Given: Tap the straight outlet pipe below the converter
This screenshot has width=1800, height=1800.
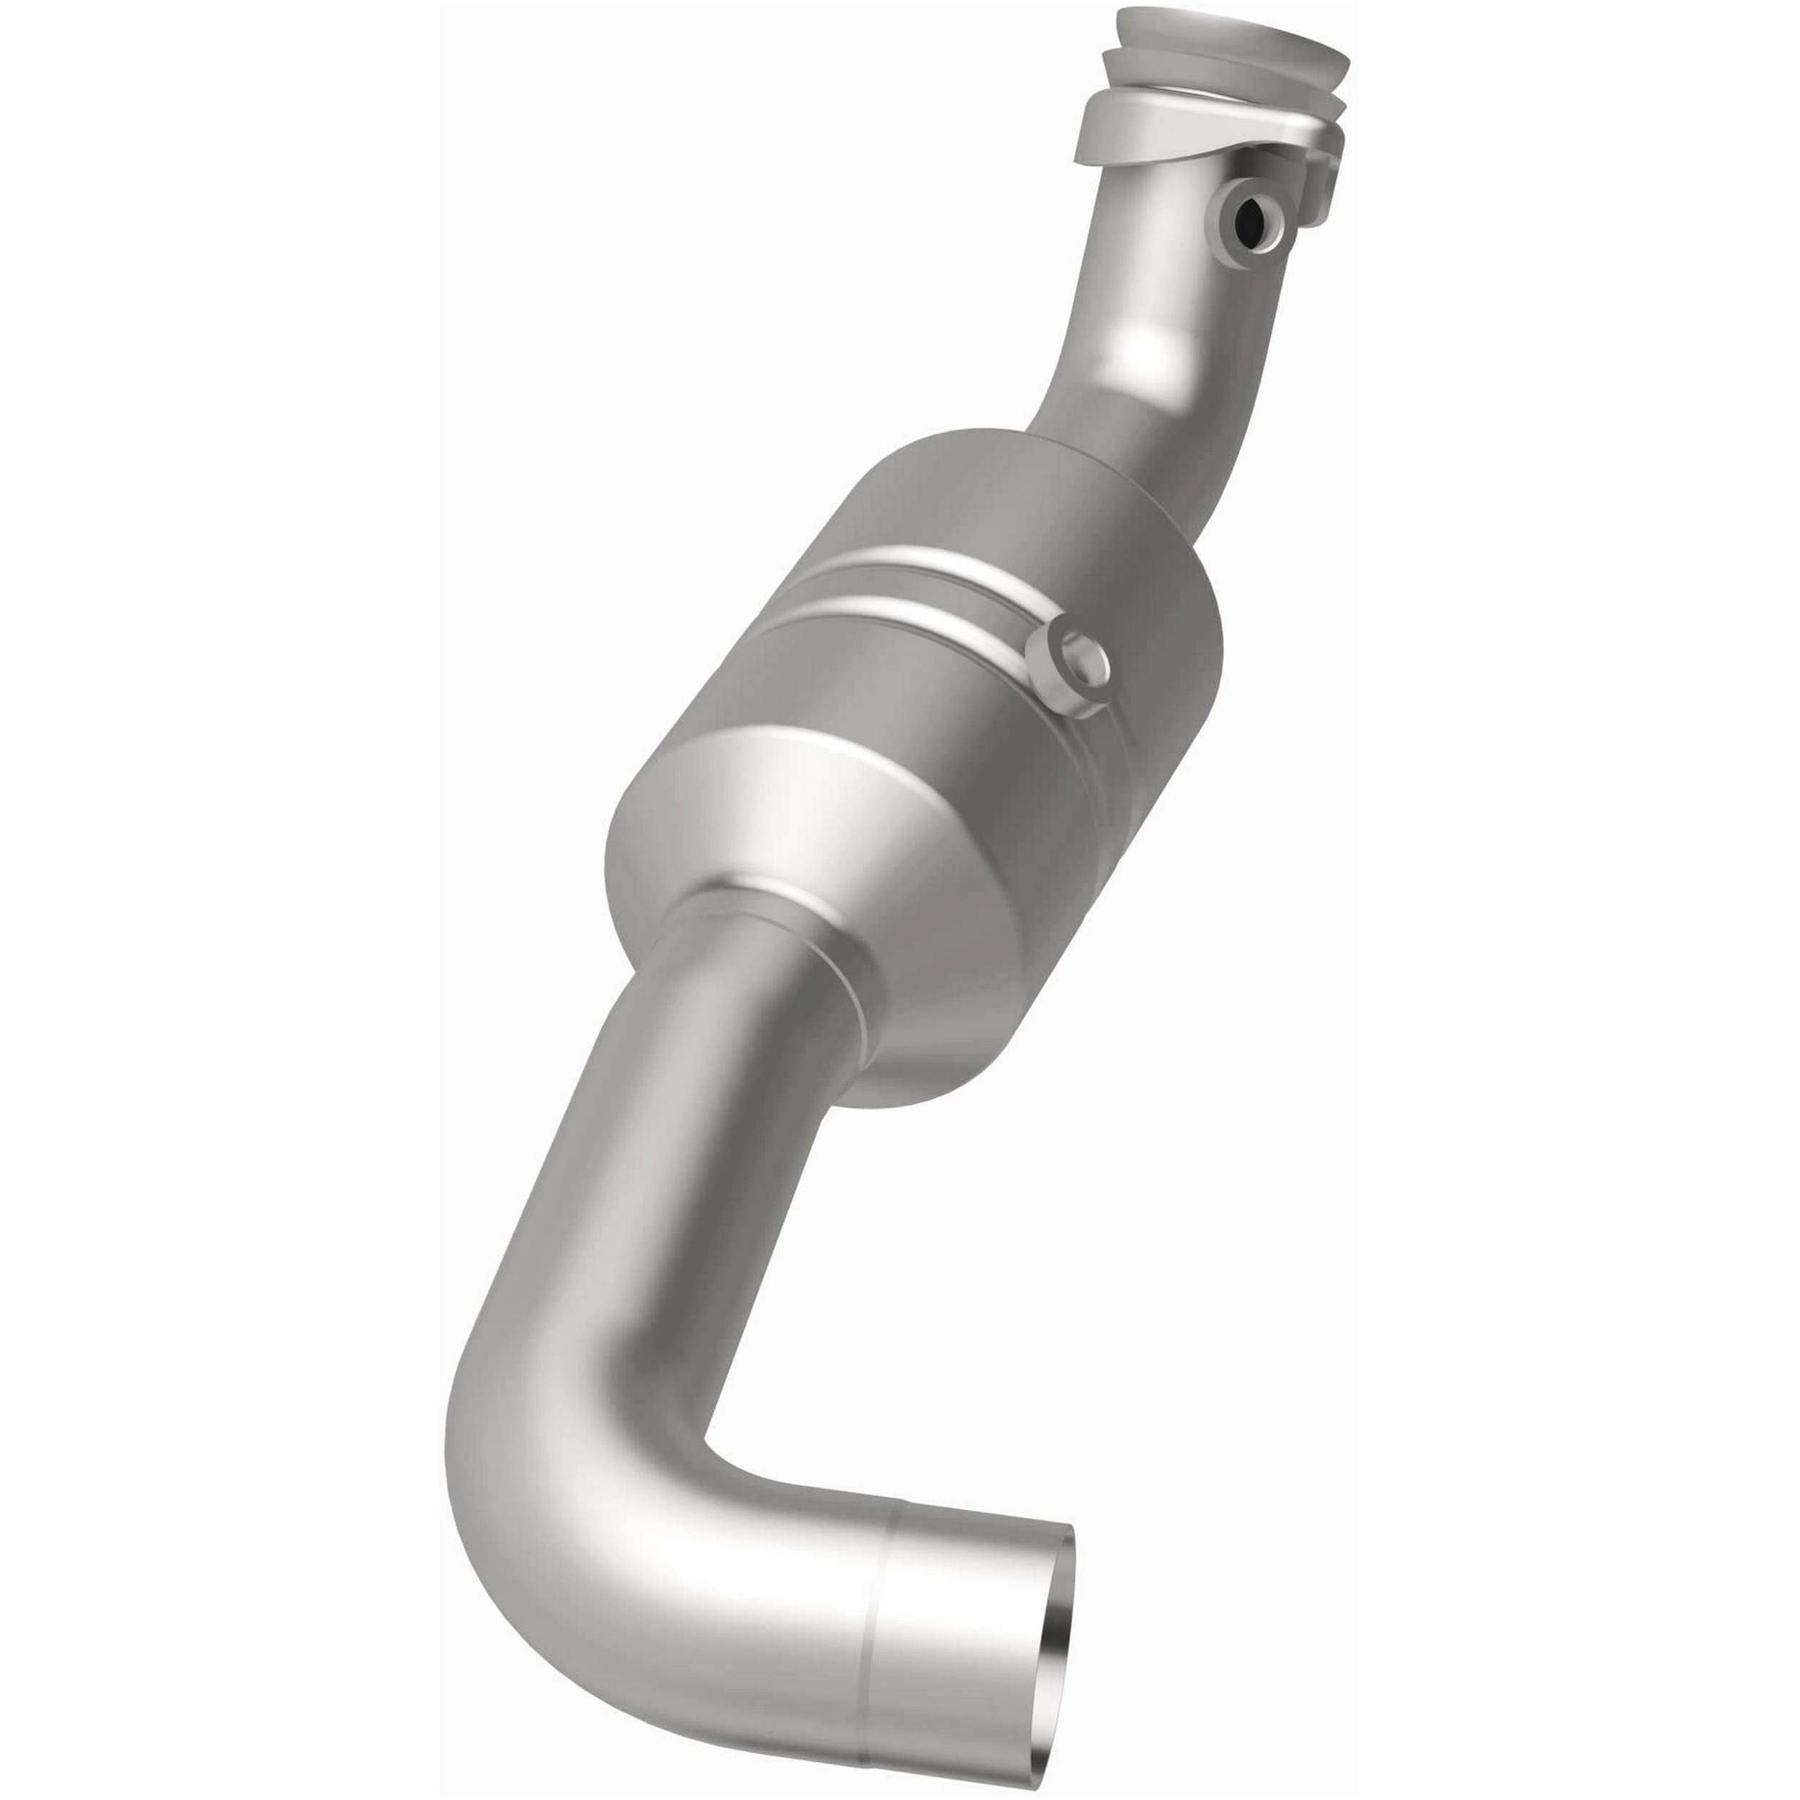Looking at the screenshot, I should click(x=652, y=1118).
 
